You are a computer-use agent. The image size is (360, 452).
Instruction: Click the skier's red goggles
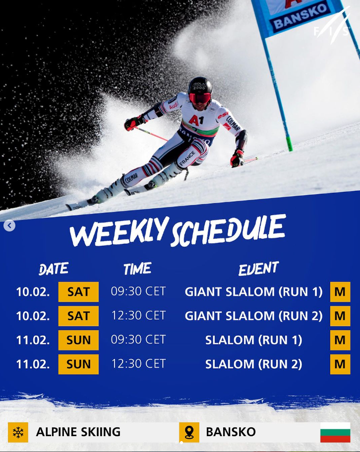pos(200,98)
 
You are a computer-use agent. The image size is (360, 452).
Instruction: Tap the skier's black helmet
pos(200,85)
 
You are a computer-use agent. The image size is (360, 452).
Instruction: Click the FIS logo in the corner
pos(332,26)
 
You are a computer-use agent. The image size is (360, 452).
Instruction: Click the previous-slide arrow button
pos(9,226)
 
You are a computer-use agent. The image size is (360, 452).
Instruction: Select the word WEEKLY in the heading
pos(119,230)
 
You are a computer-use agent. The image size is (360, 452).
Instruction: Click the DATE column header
pos(54,269)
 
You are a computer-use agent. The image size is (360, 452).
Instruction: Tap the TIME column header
pos(137,269)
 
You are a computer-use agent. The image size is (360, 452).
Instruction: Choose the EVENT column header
pos(258,269)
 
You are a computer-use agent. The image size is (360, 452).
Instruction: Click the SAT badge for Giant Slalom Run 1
pos(78,292)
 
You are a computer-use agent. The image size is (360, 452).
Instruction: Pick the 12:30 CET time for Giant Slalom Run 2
pos(138,316)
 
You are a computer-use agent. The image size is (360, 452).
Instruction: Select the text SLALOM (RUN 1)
pos(253,340)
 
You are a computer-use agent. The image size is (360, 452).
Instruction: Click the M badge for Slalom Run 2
pos(340,364)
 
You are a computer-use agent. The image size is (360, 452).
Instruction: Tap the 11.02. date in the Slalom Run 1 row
pos(33,340)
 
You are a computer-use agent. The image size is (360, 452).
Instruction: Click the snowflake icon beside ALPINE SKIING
pos(18,432)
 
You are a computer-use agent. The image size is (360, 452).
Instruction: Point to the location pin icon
pos(189,432)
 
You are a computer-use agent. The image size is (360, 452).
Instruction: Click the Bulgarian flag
pos(335,432)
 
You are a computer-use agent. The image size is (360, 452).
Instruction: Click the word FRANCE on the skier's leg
pos(188,158)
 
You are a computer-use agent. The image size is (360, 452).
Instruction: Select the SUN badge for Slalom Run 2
pos(78,364)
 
